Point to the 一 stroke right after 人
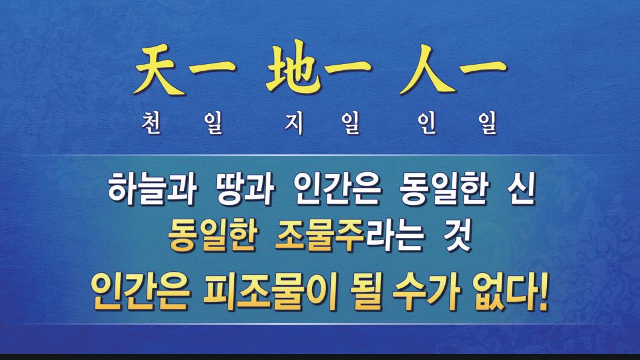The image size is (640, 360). click(x=483, y=66)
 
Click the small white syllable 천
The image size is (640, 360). click(x=152, y=123)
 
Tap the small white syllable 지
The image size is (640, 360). click(x=294, y=123)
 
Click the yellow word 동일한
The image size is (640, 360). click(x=213, y=236)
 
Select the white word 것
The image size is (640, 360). click(x=458, y=236)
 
